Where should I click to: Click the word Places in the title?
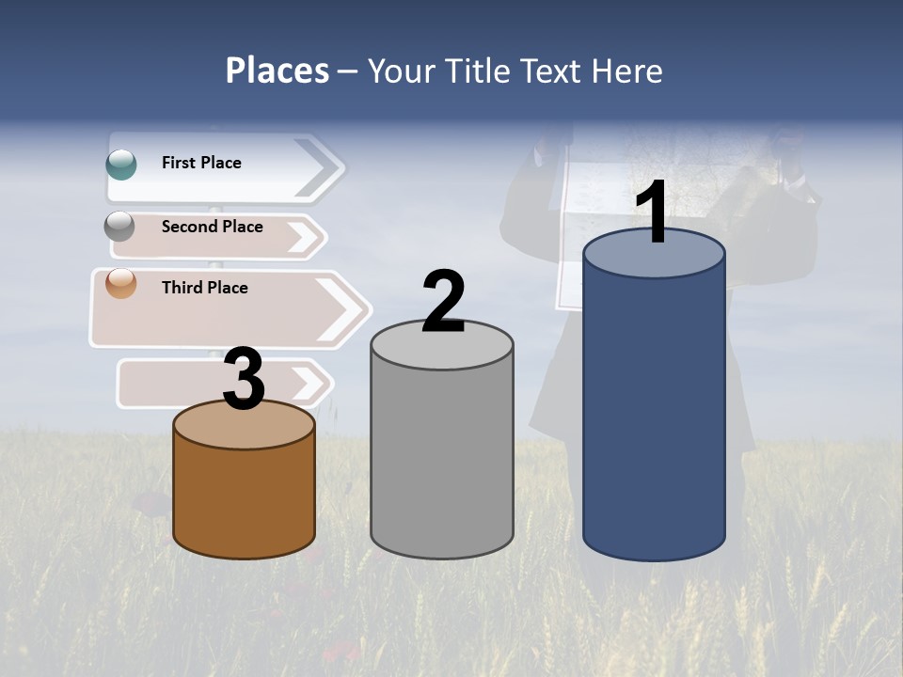point(277,71)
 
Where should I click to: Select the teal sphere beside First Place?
point(121,164)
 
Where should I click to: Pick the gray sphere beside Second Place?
point(120,227)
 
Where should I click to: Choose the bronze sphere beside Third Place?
point(121,283)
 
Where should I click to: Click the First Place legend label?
point(201,163)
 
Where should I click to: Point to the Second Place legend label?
point(212,227)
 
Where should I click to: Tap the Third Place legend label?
point(204,288)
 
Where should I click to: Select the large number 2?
point(444,302)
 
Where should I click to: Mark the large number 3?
point(245,380)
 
